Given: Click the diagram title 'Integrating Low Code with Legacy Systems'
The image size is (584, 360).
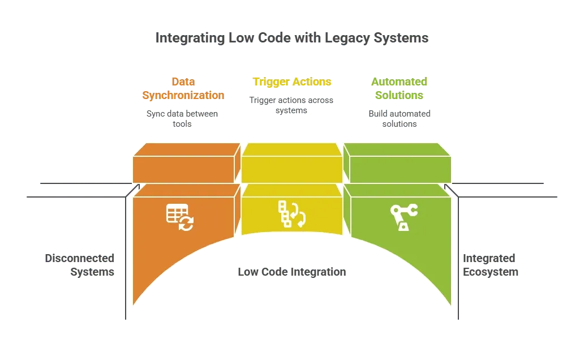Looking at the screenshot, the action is [292, 38].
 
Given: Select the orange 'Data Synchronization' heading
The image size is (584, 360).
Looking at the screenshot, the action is [183, 88].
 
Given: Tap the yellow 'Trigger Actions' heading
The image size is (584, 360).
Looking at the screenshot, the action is [292, 82].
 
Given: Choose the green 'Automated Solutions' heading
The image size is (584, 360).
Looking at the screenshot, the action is [400, 88].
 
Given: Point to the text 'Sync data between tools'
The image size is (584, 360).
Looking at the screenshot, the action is [182, 118].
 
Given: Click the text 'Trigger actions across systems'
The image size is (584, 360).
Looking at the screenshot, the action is [291, 105].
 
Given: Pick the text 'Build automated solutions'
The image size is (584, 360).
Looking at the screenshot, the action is [400, 118].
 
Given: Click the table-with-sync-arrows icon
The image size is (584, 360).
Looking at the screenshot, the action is [180, 217].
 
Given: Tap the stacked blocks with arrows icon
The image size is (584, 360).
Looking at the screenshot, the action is [292, 214].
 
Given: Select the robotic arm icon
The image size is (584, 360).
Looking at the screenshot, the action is [403, 217].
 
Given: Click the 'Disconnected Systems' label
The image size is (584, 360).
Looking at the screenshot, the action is [80, 265].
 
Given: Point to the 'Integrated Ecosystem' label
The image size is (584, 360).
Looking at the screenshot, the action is [491, 265].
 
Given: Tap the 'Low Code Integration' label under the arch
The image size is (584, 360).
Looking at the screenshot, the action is [292, 272].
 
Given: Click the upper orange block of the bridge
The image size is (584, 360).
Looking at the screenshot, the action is [187, 163].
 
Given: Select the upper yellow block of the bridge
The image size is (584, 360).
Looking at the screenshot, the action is [292, 163].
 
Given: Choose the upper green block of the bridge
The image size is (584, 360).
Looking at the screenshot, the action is [397, 163].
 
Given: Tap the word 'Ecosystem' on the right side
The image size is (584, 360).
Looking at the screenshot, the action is [491, 272].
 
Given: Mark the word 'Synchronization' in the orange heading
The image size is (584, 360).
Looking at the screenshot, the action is [183, 96].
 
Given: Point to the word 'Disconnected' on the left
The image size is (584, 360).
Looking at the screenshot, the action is [80, 258].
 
